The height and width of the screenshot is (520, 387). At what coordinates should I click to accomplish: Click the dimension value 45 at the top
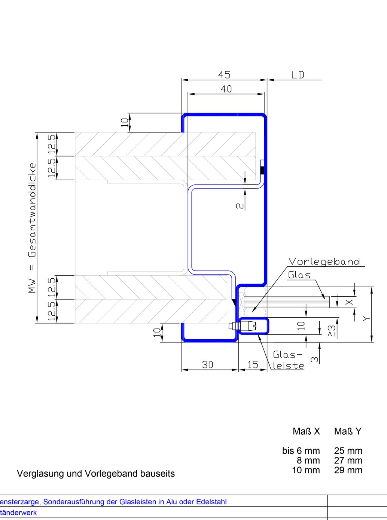[x=224, y=75]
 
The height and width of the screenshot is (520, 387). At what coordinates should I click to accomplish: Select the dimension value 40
[x=226, y=89]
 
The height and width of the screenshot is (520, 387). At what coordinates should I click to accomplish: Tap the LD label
[x=298, y=75]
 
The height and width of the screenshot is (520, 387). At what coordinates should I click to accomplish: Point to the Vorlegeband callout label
[x=324, y=261]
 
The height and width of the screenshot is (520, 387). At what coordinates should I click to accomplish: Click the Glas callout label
[x=299, y=275]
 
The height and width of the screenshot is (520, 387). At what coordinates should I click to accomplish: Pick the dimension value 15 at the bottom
[x=253, y=364]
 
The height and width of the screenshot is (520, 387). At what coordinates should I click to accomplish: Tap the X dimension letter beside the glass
[x=349, y=302]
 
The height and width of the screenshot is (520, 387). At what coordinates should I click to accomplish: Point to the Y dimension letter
[x=366, y=318]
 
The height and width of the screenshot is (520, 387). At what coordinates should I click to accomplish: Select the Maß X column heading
[x=306, y=431]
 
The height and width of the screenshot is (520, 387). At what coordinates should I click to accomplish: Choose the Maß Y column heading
[x=348, y=431]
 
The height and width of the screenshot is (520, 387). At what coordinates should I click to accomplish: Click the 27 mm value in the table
[x=348, y=461]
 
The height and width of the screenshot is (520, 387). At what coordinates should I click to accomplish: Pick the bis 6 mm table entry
[x=301, y=451]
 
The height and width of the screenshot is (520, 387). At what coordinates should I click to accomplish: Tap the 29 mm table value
[x=348, y=470]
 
